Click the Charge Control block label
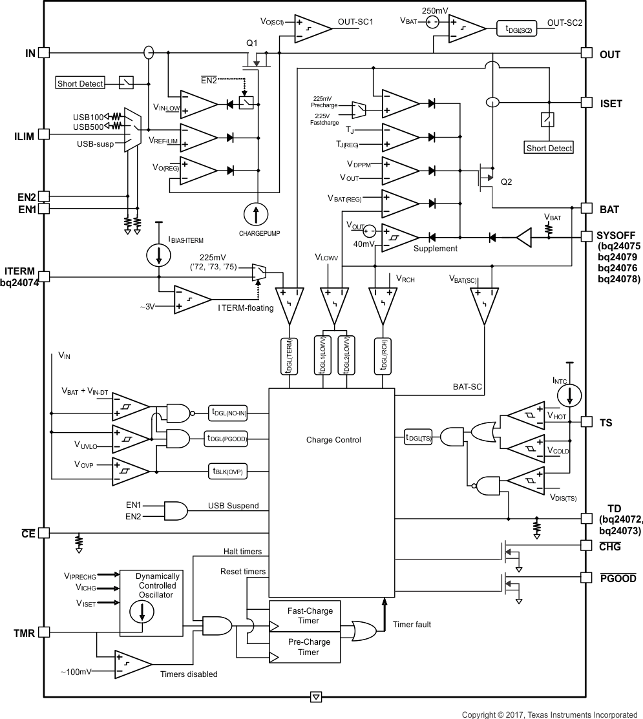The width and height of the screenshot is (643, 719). point(333,440)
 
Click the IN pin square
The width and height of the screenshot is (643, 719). point(44,53)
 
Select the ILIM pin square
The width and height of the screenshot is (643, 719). point(44,134)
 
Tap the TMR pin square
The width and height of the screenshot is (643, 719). point(44,632)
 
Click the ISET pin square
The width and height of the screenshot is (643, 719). point(586,102)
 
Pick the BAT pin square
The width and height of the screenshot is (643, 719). point(586,208)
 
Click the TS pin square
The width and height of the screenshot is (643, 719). point(586,422)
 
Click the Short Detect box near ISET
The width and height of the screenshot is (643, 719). point(549,148)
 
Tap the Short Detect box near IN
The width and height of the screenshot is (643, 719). point(80,83)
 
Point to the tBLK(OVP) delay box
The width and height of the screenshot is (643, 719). point(227,471)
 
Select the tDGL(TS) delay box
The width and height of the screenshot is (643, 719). point(419,437)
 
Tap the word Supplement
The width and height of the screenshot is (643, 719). point(435,248)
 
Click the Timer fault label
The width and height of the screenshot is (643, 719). point(412,625)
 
